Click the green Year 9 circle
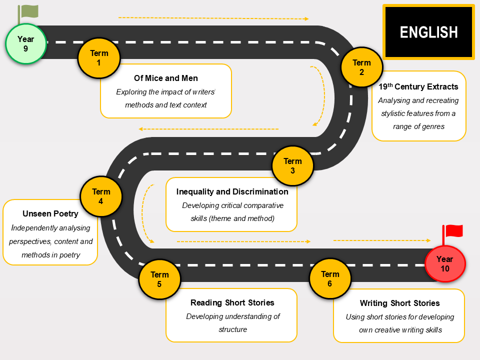[x=26, y=44]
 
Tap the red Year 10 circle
[x=445, y=263]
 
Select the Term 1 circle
[x=99, y=58]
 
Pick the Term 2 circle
[x=362, y=67]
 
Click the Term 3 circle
[x=293, y=165]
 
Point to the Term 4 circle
[x=101, y=196]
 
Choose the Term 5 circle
[x=159, y=279]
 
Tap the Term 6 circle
[x=330, y=278]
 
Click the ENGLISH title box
[x=428, y=32]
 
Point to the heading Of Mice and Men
[x=166, y=78]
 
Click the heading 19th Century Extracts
[x=418, y=86]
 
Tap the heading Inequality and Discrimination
[x=232, y=191]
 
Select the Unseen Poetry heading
[x=50, y=213]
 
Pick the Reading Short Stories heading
[x=232, y=303]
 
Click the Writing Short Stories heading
[x=400, y=303]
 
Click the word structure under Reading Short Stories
[x=232, y=329]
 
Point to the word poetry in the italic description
[x=70, y=255]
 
